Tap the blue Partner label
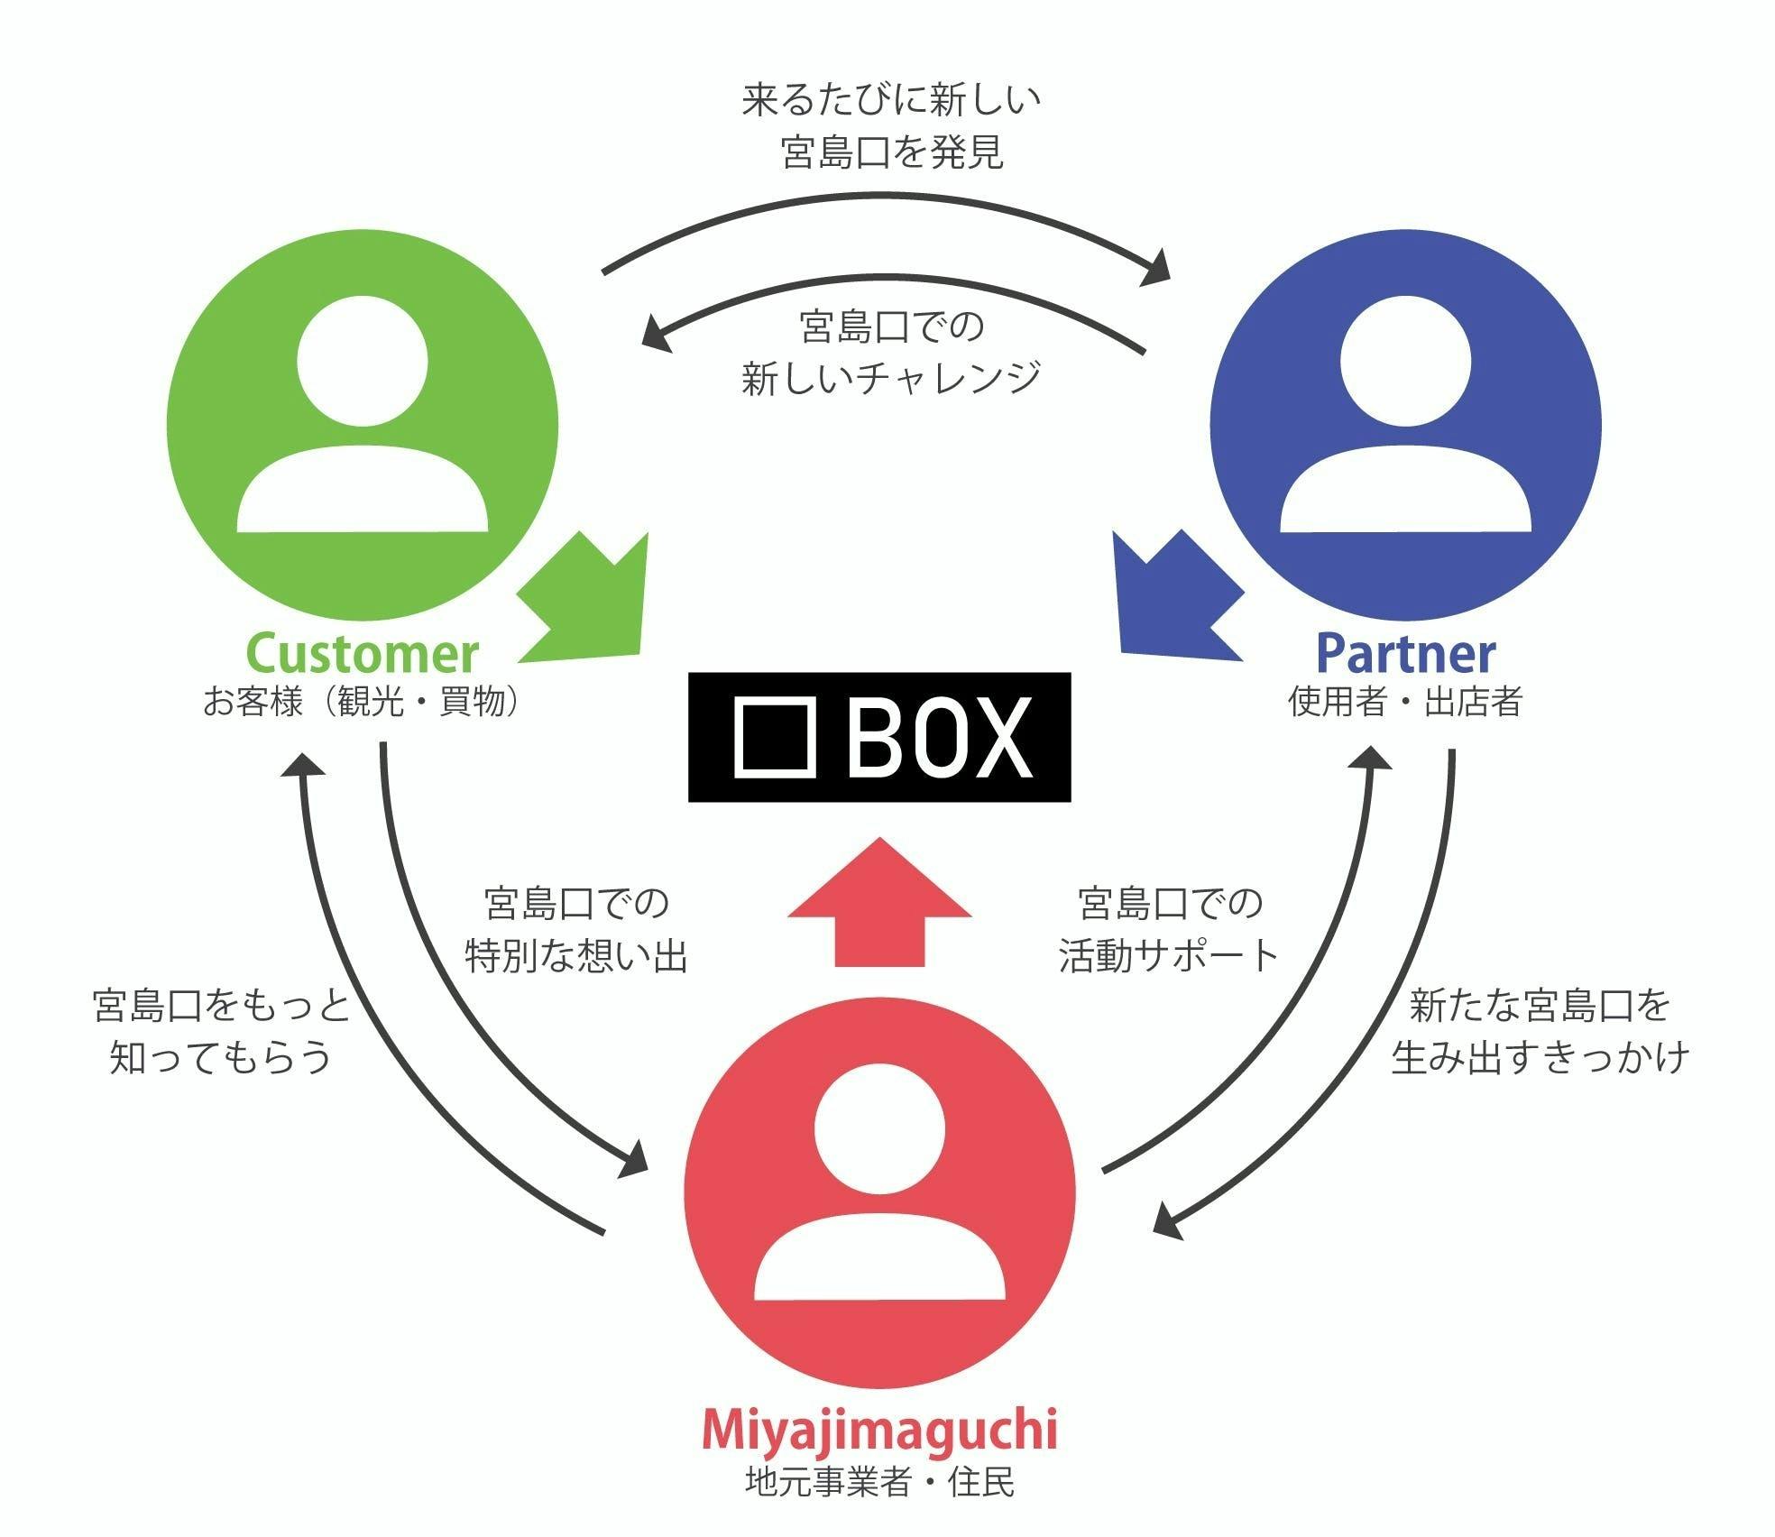(x=1405, y=654)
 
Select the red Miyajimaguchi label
(x=878, y=1430)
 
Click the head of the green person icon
(x=363, y=361)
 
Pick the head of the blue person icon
(x=1405, y=361)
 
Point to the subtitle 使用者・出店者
(x=1405, y=701)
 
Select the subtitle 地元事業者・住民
(x=879, y=1482)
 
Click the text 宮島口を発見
(x=891, y=152)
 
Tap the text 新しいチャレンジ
(x=891, y=377)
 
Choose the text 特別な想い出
(x=576, y=955)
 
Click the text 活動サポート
(x=1170, y=955)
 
